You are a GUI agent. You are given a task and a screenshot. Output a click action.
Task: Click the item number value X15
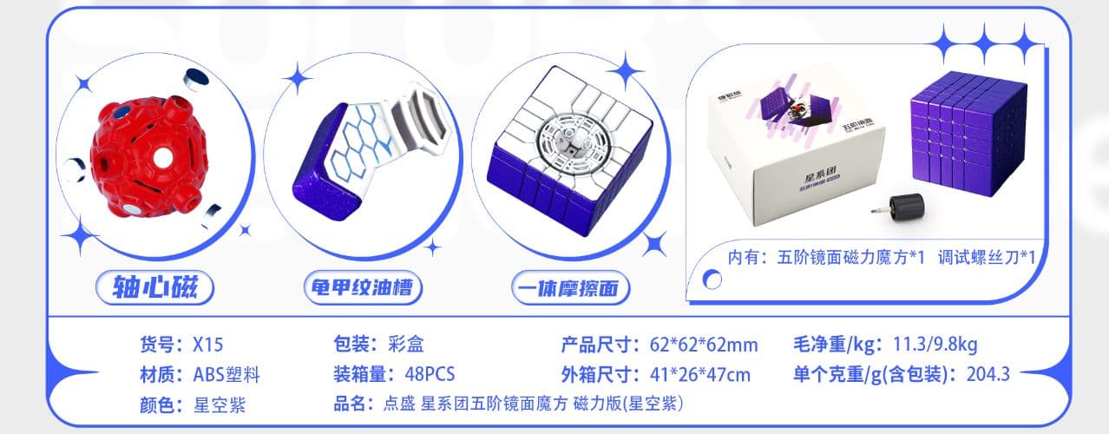208,345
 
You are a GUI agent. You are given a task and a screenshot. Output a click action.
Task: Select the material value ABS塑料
226,375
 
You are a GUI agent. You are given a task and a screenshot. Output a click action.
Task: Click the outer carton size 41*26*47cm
700,375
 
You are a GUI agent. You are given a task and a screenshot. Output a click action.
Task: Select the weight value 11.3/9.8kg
935,345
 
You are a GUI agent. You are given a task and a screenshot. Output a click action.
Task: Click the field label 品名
351,404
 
